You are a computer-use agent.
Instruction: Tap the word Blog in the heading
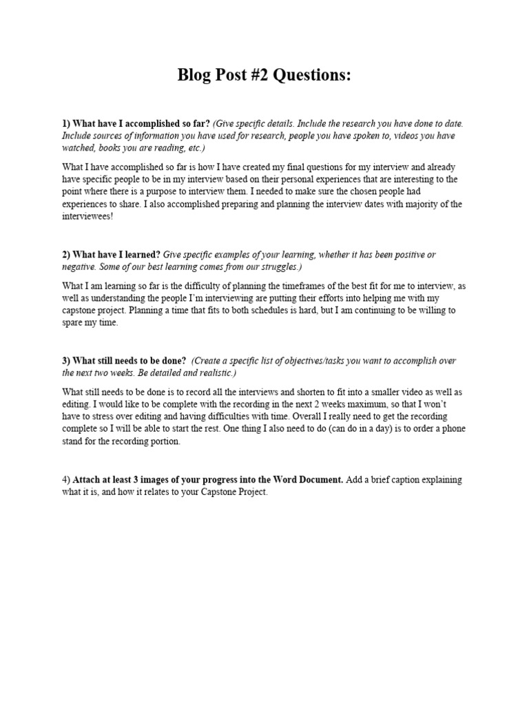tap(196, 75)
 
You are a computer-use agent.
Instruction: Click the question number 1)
tap(66, 123)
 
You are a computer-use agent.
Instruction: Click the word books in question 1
tap(112, 148)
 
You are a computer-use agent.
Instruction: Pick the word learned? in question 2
tap(141, 255)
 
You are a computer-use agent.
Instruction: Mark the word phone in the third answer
tap(453, 429)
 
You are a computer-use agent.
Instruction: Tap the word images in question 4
tap(165, 479)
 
